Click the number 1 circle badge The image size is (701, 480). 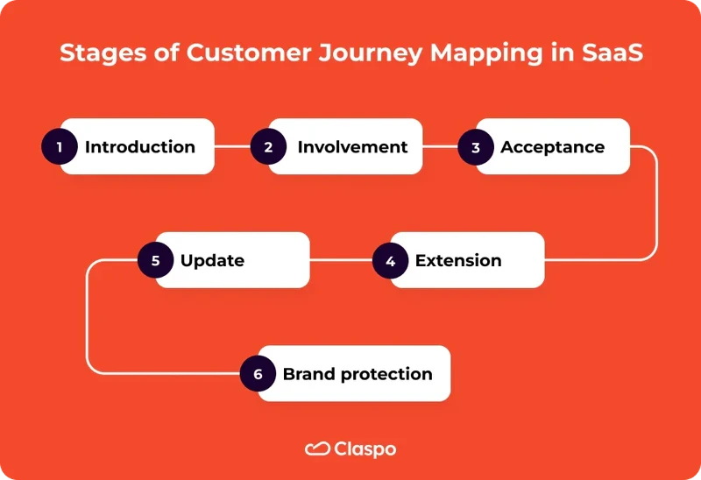(60, 147)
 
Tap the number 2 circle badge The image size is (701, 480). (268, 147)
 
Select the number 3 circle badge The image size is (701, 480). (476, 147)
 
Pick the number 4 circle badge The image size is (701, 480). (390, 261)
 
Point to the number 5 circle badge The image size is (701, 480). (155, 261)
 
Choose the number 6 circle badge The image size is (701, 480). (258, 374)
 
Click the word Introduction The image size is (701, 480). (139, 147)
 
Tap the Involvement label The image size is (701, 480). (352, 147)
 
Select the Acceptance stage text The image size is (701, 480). (552, 147)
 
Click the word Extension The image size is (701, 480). (458, 261)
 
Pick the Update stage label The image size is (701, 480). (212, 261)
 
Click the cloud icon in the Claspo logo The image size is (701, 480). (316, 449)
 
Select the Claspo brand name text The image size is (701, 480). (365, 449)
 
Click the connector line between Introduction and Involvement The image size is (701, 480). (232, 147)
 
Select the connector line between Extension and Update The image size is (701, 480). (341, 261)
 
